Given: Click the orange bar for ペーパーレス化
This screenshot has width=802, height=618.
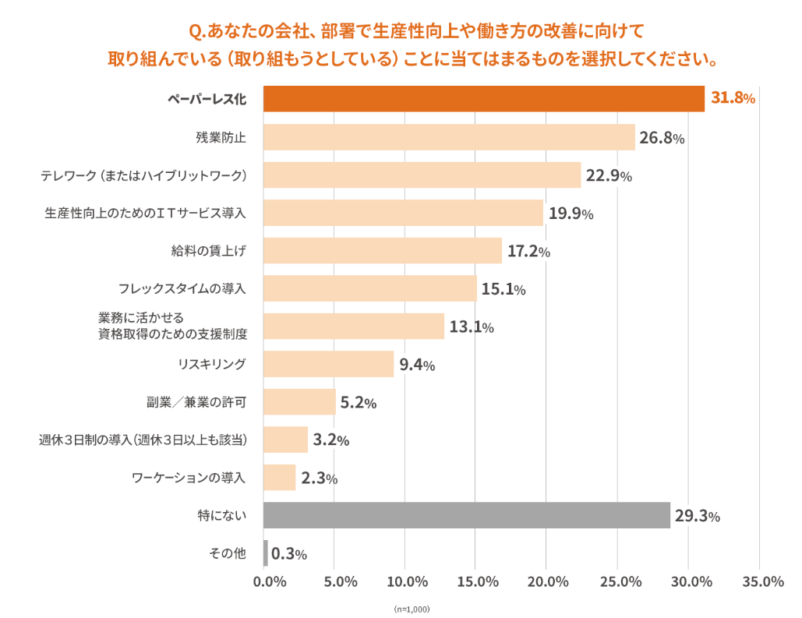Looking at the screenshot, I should coord(483,99).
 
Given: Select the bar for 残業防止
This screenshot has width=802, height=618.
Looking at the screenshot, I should coord(449,138).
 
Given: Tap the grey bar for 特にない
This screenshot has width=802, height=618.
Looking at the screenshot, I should coord(466,515).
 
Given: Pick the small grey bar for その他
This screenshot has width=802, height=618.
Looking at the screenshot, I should coord(266,553).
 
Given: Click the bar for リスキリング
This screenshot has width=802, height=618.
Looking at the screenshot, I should coord(328,364).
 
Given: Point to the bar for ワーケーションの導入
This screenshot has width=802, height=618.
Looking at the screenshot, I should coord(279,477).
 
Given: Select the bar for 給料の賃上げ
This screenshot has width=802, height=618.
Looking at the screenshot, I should coord(382,251).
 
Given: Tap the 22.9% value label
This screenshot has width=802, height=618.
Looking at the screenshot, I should coord(609,176).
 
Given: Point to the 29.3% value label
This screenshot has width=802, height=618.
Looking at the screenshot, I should coord(697,516).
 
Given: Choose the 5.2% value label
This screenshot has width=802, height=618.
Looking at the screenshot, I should coord(359,403).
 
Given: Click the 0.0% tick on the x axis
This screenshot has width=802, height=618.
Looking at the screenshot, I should coord(270,581).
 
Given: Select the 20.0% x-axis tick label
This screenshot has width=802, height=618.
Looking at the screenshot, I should coord(547,581).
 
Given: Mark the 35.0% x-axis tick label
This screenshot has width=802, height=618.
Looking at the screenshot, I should coord(763,581).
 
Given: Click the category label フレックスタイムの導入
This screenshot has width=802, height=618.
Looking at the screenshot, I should coord(182,289).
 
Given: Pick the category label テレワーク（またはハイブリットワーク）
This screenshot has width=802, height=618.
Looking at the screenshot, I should coord(144,175).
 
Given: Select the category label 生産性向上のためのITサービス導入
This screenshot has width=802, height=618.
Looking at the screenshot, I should coord(146,213).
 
